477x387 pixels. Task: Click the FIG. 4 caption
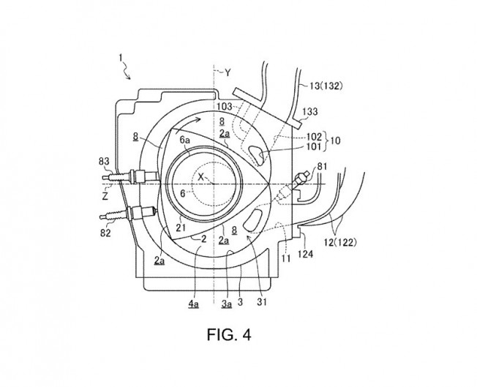tap(229, 334)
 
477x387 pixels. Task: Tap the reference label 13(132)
tap(326, 86)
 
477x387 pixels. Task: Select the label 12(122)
tap(339, 242)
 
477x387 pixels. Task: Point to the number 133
tap(310, 112)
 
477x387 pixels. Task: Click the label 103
tap(225, 107)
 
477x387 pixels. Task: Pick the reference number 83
tap(104, 161)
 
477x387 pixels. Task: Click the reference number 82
tap(105, 233)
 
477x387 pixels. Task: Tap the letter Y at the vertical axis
tap(228, 72)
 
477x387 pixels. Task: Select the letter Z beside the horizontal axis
tap(105, 196)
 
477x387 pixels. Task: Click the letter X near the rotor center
tap(200, 177)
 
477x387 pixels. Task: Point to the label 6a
tap(185, 140)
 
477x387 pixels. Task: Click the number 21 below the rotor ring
tap(181, 228)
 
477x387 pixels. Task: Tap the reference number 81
tap(322, 166)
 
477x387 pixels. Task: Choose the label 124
tap(305, 253)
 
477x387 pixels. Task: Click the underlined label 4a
tap(193, 304)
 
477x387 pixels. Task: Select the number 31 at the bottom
tap(262, 302)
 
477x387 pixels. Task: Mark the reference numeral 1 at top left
tap(121, 58)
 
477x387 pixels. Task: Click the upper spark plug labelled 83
tap(131, 176)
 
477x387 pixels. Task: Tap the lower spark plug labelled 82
tap(128, 213)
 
